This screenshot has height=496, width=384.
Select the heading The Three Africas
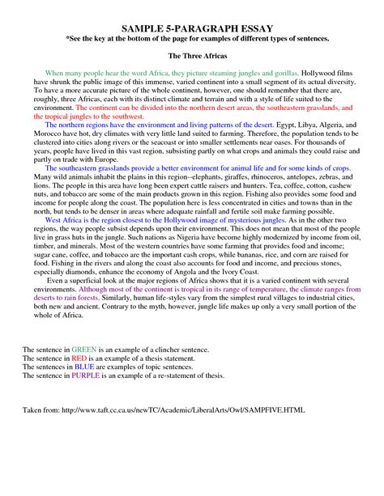click(x=192, y=56)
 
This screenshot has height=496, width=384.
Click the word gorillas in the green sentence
click(x=278, y=74)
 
